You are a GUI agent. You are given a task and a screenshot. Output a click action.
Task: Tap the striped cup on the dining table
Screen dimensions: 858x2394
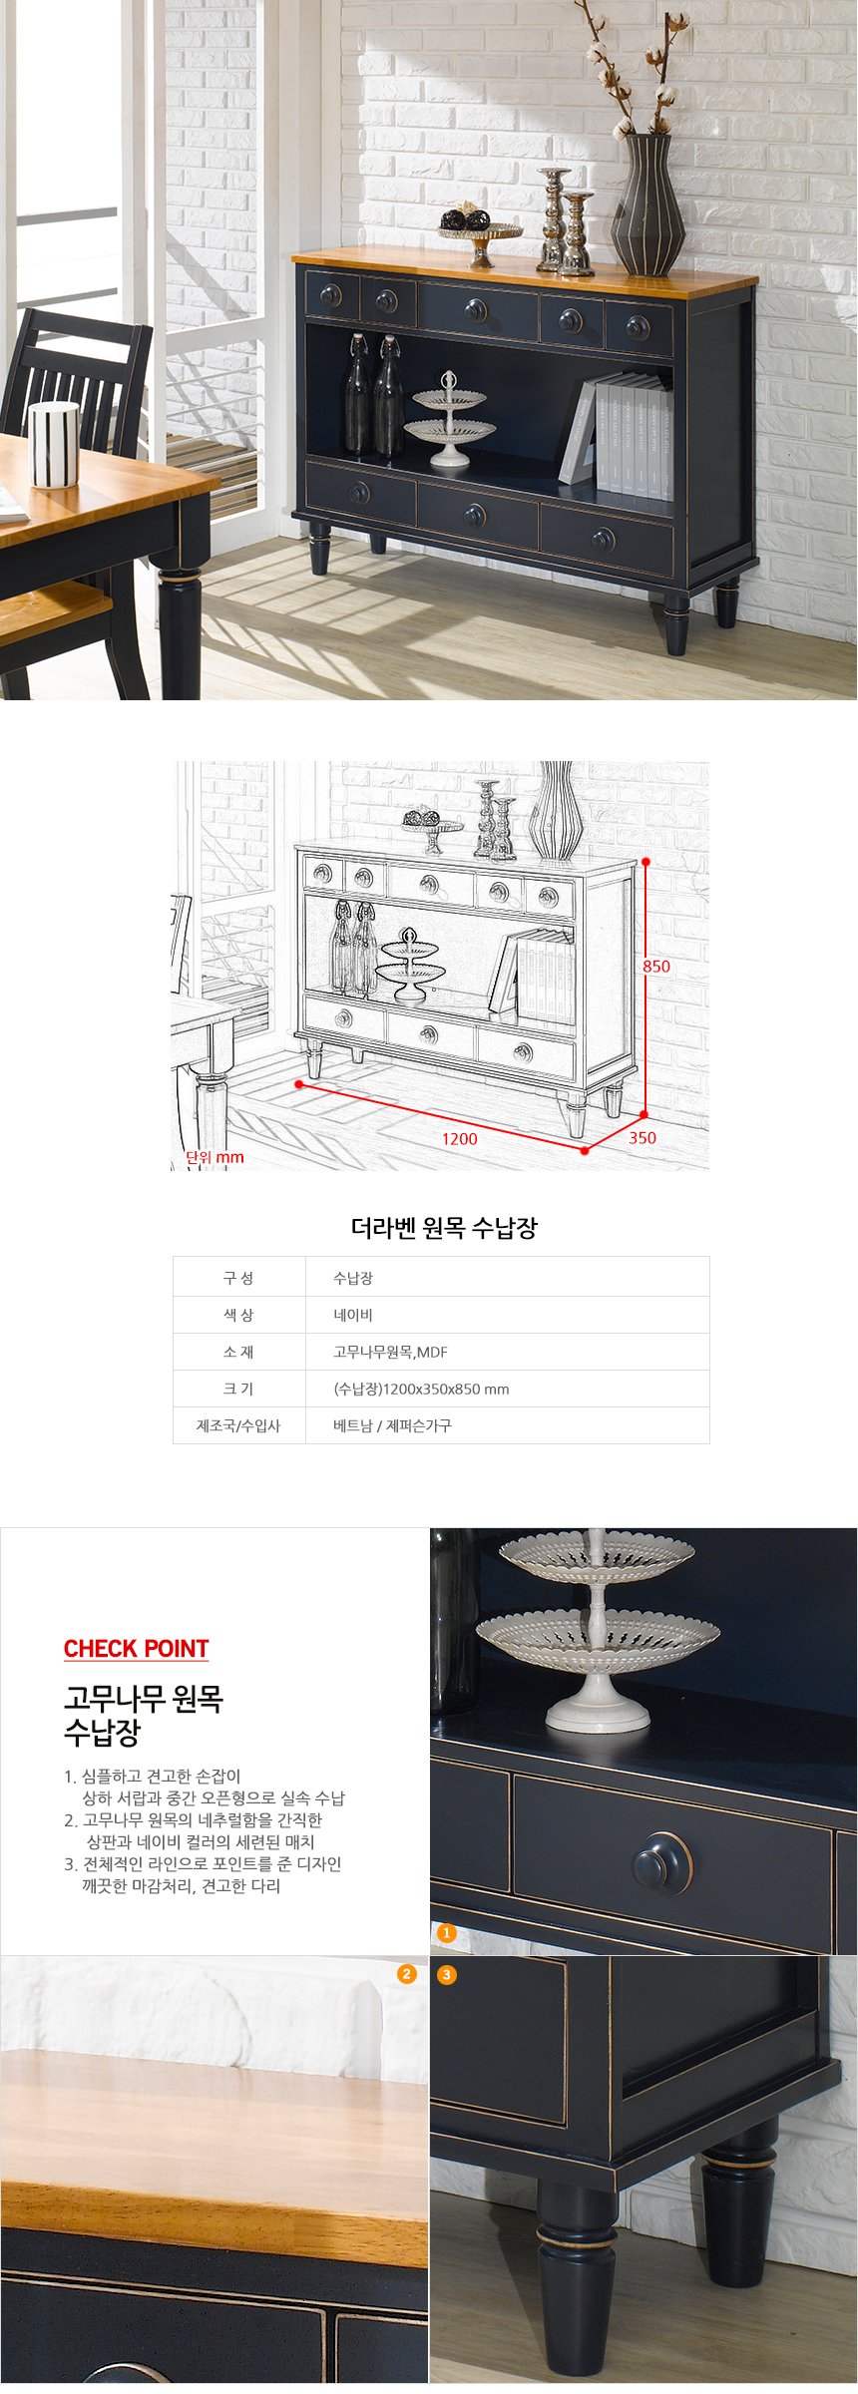54,444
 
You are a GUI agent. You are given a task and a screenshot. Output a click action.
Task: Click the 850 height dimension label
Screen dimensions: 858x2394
656,966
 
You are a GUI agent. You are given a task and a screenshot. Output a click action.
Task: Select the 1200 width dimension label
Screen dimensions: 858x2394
460,1138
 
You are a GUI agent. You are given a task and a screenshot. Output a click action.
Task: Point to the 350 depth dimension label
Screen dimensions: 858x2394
643,1137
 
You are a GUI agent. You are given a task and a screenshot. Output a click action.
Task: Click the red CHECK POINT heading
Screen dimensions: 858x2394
137,1649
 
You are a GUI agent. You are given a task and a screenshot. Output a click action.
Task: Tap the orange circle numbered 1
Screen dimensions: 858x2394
446,1933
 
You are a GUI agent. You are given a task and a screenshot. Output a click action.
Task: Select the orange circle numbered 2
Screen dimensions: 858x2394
406,1974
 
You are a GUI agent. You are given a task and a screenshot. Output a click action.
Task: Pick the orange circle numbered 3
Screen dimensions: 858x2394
447,1974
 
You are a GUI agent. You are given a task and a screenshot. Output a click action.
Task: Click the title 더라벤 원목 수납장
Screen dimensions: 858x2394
444,1228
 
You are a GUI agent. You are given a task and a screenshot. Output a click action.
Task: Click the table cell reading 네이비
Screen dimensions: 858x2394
353,1315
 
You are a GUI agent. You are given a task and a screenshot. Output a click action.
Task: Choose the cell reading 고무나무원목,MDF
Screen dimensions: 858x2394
390,1352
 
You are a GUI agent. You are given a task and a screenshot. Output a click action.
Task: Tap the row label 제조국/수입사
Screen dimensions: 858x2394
238,1425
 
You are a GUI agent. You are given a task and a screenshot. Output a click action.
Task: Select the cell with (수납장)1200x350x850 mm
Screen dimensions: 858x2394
421,1389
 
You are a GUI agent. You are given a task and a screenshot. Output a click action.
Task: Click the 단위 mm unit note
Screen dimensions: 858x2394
214,1157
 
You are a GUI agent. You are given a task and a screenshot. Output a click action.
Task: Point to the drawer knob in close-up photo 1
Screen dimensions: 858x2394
662,1861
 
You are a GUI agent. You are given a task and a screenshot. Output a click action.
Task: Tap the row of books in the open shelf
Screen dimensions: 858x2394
617,435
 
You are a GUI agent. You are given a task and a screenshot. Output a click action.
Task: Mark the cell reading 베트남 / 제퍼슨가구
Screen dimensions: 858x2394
392,1425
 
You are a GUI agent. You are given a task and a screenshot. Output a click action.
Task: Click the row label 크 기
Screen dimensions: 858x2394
238,1389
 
